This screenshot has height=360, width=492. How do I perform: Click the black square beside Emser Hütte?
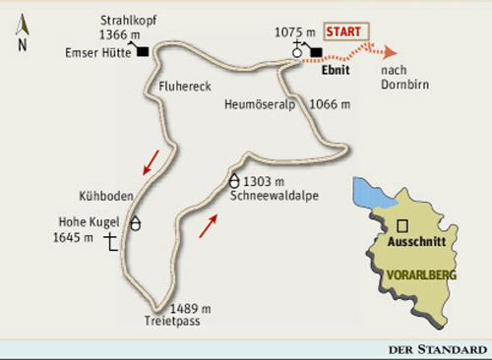tap(143, 51)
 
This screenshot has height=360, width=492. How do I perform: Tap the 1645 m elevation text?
tap(74, 237)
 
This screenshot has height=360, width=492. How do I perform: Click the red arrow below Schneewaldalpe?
tap(208, 225)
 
